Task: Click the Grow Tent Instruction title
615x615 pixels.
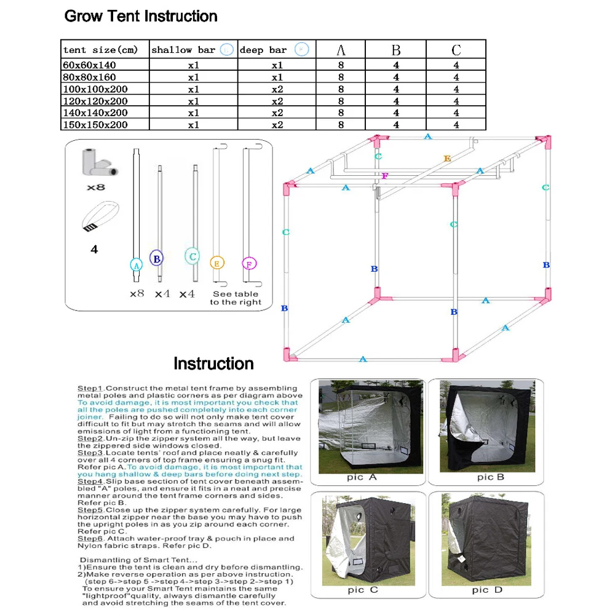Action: point(141,16)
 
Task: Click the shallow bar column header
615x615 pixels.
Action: point(192,50)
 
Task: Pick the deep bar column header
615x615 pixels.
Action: point(276,50)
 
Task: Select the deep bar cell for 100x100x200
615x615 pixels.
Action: point(277,89)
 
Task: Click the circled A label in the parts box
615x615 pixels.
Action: point(137,264)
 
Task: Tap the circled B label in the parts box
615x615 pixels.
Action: point(157,259)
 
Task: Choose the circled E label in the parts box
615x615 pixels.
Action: point(216,263)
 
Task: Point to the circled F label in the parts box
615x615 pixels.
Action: point(248,263)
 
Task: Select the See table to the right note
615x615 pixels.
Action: point(236,298)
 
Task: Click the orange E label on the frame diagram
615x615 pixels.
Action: point(447,159)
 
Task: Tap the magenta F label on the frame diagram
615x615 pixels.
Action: point(384,176)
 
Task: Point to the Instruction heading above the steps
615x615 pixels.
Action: point(213,363)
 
